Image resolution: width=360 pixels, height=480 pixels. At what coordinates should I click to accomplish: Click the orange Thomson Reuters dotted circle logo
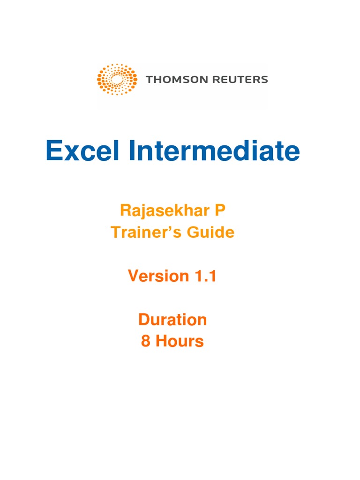pos(117,79)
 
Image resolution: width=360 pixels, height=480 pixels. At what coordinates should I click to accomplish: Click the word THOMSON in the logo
pos(172,79)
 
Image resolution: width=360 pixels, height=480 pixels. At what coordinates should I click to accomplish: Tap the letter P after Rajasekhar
pos(220,210)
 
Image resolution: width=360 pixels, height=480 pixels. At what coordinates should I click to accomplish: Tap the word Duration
pos(172,320)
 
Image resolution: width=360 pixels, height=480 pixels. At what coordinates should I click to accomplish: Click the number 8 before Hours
pos(146,341)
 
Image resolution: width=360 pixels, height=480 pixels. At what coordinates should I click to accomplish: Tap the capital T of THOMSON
pos(149,79)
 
